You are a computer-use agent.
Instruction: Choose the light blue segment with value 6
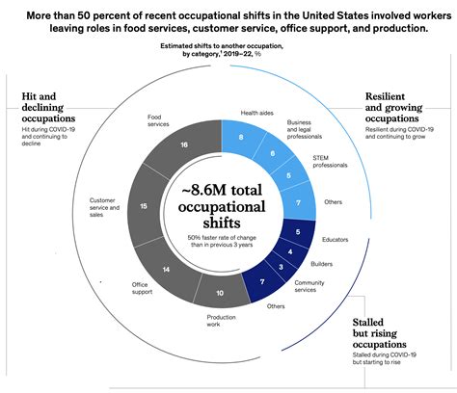(274, 152)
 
